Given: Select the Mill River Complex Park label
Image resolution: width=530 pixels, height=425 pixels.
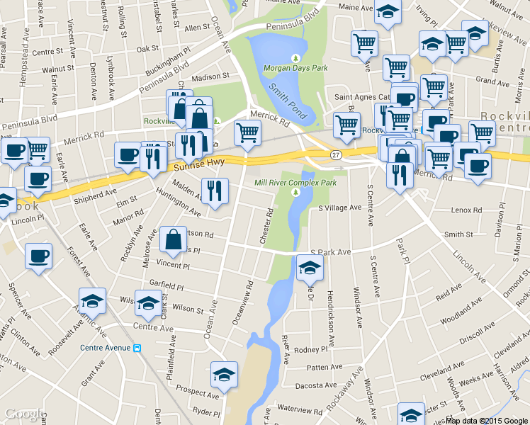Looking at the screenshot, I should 295,182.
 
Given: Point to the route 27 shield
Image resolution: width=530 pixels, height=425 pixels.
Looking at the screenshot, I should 336,154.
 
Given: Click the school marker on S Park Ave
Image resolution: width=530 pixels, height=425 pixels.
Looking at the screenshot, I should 310,268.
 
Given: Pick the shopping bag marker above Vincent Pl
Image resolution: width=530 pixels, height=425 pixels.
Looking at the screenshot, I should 174,240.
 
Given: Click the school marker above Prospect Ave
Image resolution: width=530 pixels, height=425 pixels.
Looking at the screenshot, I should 224,374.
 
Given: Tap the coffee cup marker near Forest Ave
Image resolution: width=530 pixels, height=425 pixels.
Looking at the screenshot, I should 38,256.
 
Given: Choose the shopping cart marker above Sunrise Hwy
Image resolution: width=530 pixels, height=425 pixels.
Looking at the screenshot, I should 247,132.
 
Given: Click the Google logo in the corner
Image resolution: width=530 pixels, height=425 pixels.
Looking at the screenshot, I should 26,414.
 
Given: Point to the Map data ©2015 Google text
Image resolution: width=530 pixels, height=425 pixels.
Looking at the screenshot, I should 487,420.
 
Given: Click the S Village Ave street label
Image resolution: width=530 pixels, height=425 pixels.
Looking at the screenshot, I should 340,208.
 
